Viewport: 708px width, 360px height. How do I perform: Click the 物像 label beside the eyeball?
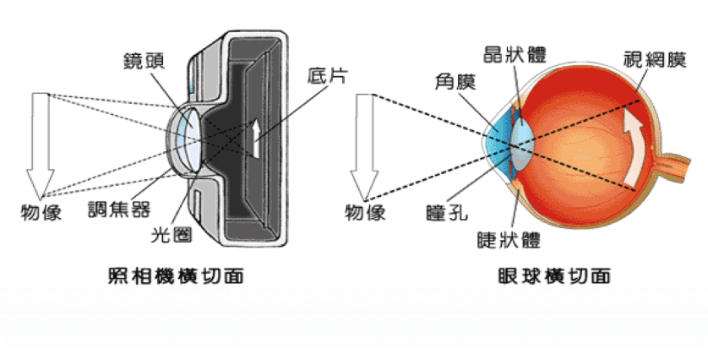click(x=365, y=212)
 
